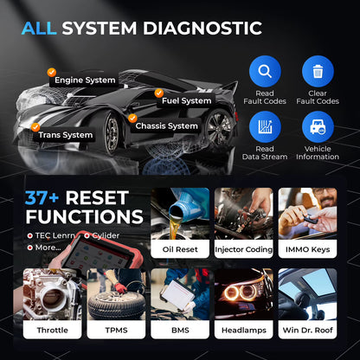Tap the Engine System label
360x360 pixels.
[x=85, y=80]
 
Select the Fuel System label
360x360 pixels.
[x=186, y=100]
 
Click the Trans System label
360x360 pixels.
[x=65, y=134]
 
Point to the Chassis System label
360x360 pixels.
[x=166, y=125]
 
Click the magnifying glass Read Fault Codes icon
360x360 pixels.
[x=265, y=71]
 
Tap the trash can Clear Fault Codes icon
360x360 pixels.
[x=318, y=71]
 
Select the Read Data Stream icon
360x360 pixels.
[x=265, y=127]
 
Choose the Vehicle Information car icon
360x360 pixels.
[x=318, y=127]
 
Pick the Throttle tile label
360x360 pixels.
[x=51, y=331]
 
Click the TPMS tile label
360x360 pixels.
[x=115, y=331]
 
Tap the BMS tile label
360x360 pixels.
[x=179, y=331]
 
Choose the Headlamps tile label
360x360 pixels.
[x=243, y=331]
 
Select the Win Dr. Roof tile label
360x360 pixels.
[x=307, y=331]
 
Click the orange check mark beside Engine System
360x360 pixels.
[x=51, y=73]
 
